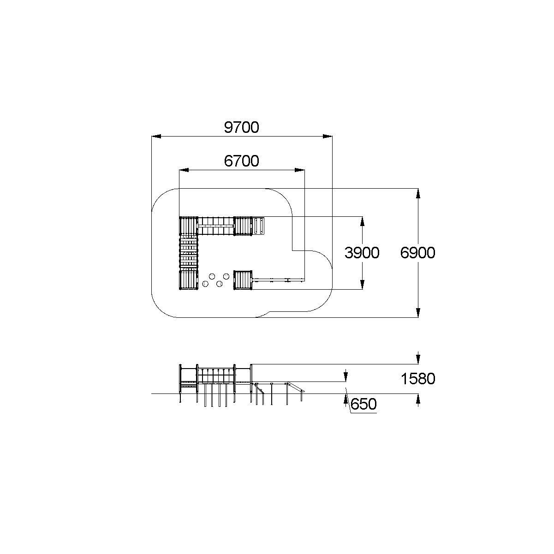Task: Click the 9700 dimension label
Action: coord(242,127)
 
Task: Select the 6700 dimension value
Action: coord(242,161)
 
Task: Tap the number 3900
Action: coord(362,253)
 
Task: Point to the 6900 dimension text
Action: coord(418,253)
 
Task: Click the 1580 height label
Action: coord(418,379)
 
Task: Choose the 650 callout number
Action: coord(363,404)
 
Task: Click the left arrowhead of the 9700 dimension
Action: coord(156,136)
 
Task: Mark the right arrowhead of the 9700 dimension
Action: coord(328,136)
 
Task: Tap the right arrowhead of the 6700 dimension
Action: coord(299,170)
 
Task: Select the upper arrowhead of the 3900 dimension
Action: coord(362,221)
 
